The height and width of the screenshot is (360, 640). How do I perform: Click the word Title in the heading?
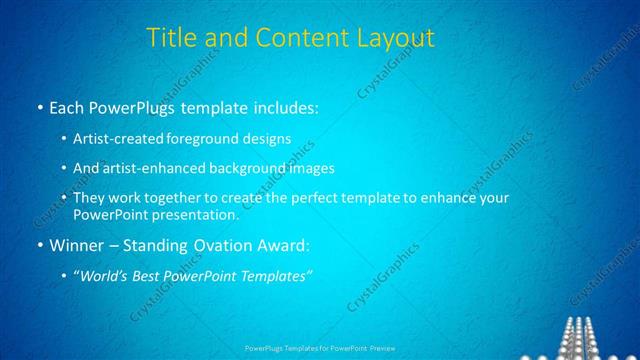pos(172,38)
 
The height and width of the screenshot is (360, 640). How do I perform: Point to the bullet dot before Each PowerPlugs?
pos(38,106)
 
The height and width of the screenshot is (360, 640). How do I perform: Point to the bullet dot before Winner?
pos(38,244)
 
